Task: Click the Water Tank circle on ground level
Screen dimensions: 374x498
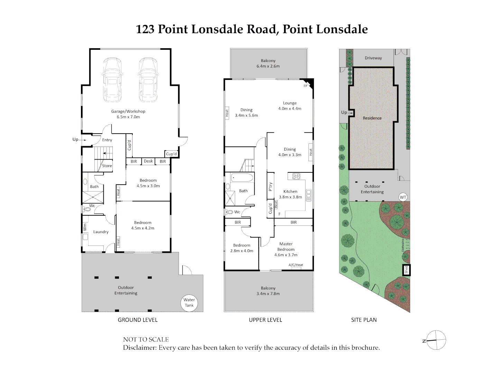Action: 189,303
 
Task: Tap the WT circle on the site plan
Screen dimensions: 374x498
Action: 403,197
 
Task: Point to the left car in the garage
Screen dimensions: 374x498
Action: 112,80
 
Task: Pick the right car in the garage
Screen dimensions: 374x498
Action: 148,80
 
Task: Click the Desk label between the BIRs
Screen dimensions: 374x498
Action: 148,161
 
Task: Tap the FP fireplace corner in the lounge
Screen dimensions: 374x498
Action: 307,84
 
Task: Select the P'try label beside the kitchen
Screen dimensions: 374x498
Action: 270,187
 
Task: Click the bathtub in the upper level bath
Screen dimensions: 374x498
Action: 242,178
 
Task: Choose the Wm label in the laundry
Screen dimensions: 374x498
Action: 85,227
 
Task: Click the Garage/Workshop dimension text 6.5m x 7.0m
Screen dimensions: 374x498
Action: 128,117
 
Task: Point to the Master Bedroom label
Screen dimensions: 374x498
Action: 286,247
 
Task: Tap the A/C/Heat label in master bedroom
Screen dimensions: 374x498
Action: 296,265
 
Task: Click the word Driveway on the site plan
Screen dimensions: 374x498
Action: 373,58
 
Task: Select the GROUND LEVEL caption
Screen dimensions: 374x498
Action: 138,320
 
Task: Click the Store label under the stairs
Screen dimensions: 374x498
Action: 107,166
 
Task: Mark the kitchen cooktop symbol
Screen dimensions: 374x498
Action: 296,176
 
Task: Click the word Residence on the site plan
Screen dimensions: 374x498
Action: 372,118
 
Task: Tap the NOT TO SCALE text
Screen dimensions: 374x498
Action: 146,339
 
